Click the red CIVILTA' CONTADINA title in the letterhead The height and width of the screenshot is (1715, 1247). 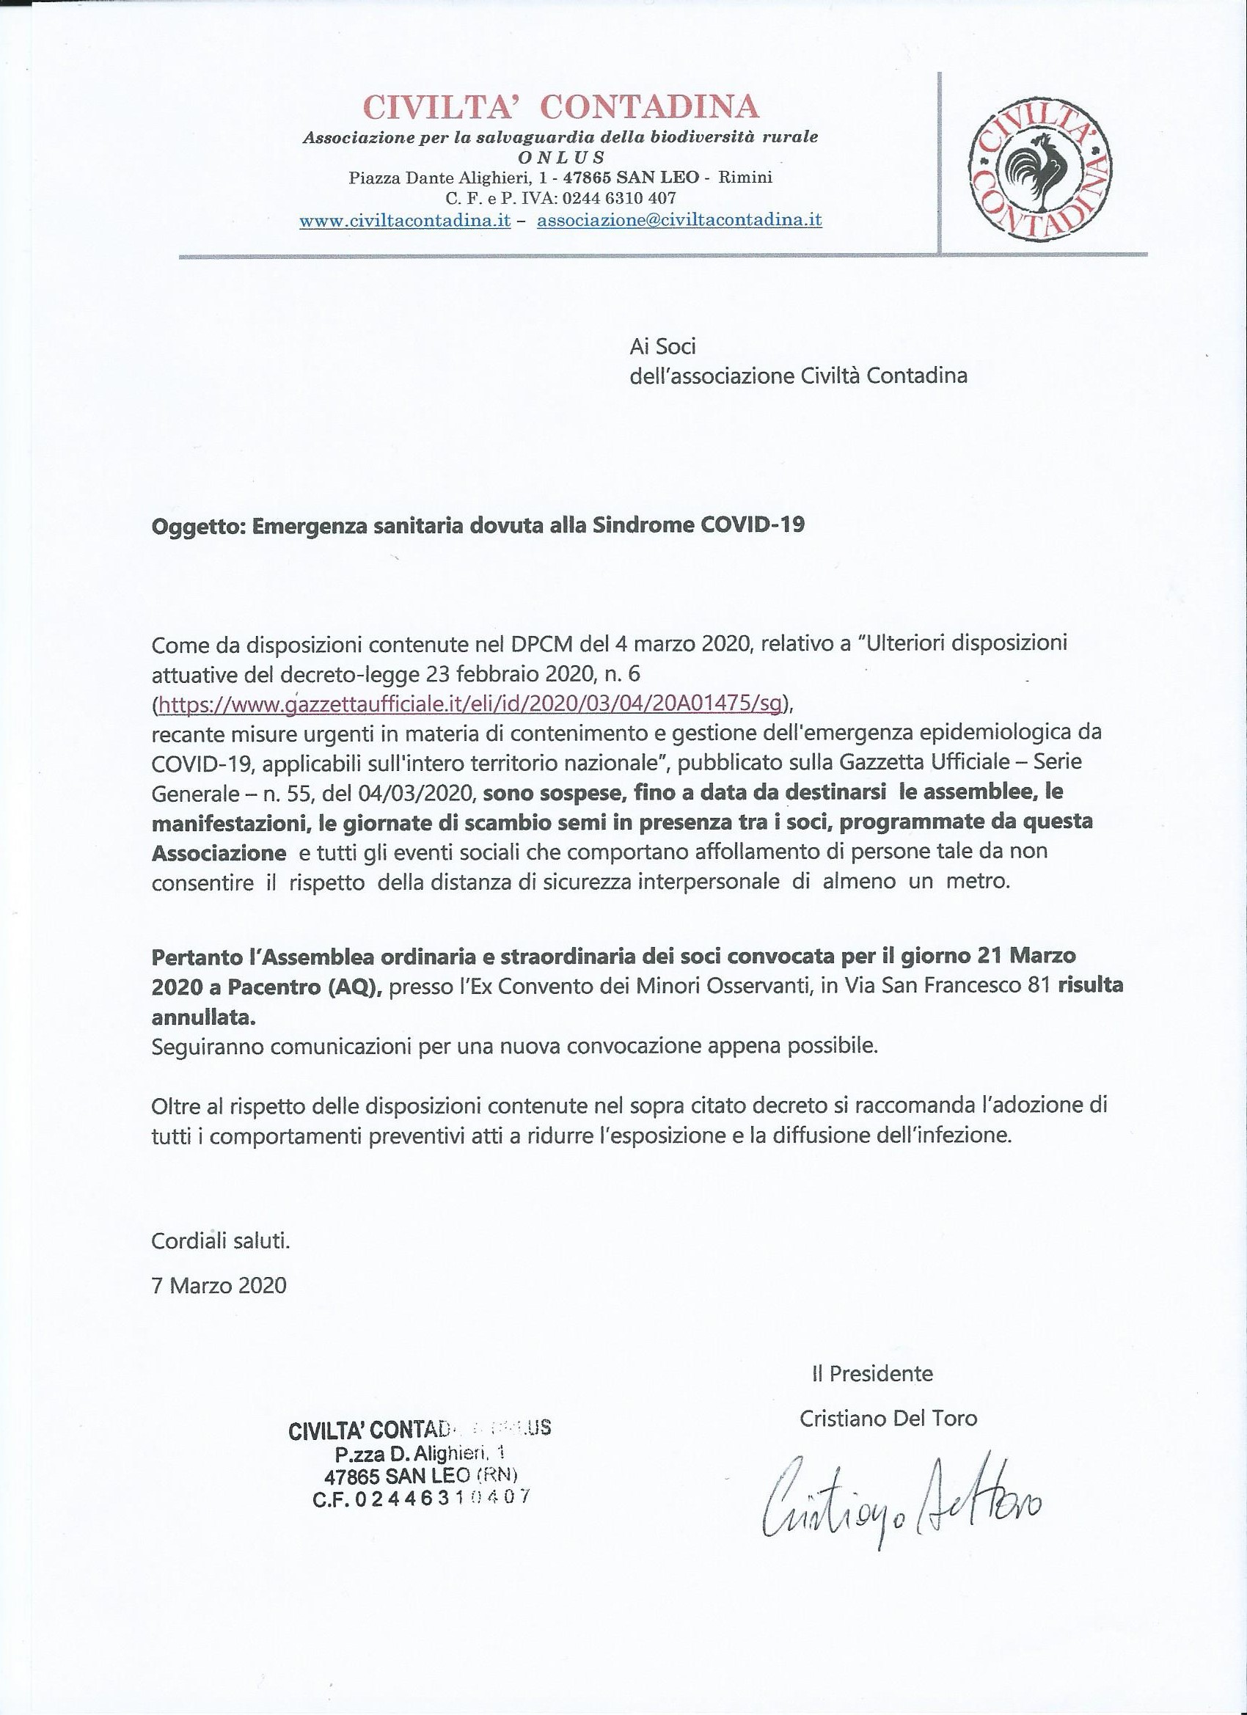pyautogui.click(x=560, y=106)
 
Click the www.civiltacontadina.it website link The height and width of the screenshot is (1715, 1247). pyautogui.click(x=405, y=220)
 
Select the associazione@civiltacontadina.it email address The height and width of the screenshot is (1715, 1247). pyautogui.click(x=679, y=220)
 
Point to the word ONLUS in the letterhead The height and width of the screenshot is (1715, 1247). pyautogui.click(x=561, y=157)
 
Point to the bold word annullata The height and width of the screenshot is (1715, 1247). pyautogui.click(x=203, y=1017)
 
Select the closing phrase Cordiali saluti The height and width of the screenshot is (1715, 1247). pyautogui.click(x=220, y=1241)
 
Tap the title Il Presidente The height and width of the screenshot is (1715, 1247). pyautogui.click(x=872, y=1373)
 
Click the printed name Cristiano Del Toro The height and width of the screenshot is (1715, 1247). pyautogui.click(x=888, y=1418)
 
